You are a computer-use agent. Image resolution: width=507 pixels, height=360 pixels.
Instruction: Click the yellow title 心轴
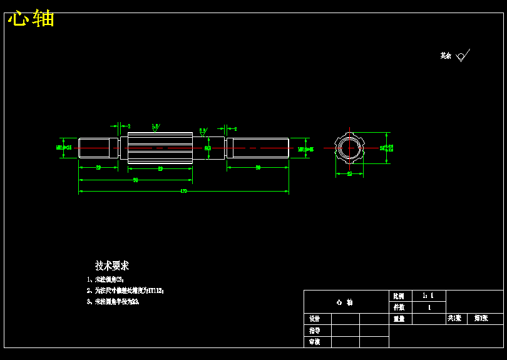(x=31, y=18)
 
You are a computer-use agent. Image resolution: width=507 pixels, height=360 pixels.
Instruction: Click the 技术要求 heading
(x=112, y=265)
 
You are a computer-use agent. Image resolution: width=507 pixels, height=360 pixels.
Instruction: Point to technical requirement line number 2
(x=125, y=291)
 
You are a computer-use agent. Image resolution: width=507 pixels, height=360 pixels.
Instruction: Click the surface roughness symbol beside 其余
(x=462, y=56)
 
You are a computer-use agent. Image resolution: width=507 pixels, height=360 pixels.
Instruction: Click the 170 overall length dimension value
(x=183, y=190)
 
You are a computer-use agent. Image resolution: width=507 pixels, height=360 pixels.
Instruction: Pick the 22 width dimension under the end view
(x=349, y=173)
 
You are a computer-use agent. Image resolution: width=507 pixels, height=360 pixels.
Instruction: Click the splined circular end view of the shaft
(x=349, y=148)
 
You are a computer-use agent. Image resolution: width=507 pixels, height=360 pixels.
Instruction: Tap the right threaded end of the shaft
(x=257, y=148)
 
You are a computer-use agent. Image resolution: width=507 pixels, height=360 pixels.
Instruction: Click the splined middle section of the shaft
(x=160, y=148)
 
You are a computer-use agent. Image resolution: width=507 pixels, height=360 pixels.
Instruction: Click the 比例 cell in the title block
(x=399, y=296)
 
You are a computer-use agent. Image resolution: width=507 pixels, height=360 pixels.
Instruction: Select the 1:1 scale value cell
(x=429, y=296)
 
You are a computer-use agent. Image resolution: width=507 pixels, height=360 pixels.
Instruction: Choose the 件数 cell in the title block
(x=399, y=307)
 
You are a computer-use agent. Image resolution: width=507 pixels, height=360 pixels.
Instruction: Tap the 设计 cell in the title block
(x=314, y=319)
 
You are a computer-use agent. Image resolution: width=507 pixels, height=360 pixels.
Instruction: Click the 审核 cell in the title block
(x=314, y=342)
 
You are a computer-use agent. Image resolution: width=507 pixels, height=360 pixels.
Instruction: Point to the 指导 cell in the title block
(x=314, y=331)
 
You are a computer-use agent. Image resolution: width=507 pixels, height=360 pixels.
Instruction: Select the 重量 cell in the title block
(x=399, y=319)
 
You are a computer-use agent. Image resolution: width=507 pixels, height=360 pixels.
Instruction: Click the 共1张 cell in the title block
(x=455, y=319)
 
